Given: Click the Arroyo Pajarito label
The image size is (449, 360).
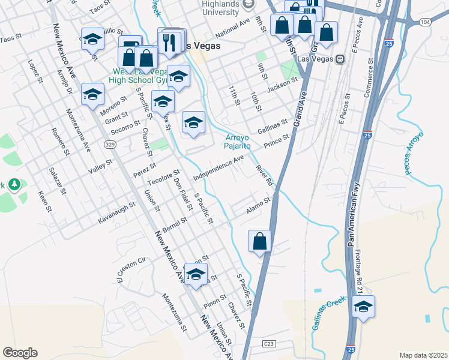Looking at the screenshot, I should click(238, 141).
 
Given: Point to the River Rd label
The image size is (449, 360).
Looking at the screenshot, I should click(264, 176).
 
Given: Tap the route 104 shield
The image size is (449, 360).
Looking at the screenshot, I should click(426, 22).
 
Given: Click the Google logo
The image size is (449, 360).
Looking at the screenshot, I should click(20, 353).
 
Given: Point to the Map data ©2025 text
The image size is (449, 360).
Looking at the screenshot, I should click(423, 355).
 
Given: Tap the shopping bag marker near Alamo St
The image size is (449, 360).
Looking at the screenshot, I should click(259, 241).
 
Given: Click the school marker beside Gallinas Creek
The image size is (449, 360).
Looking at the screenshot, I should click(363, 307).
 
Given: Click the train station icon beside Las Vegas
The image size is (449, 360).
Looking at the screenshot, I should click(339, 59).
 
